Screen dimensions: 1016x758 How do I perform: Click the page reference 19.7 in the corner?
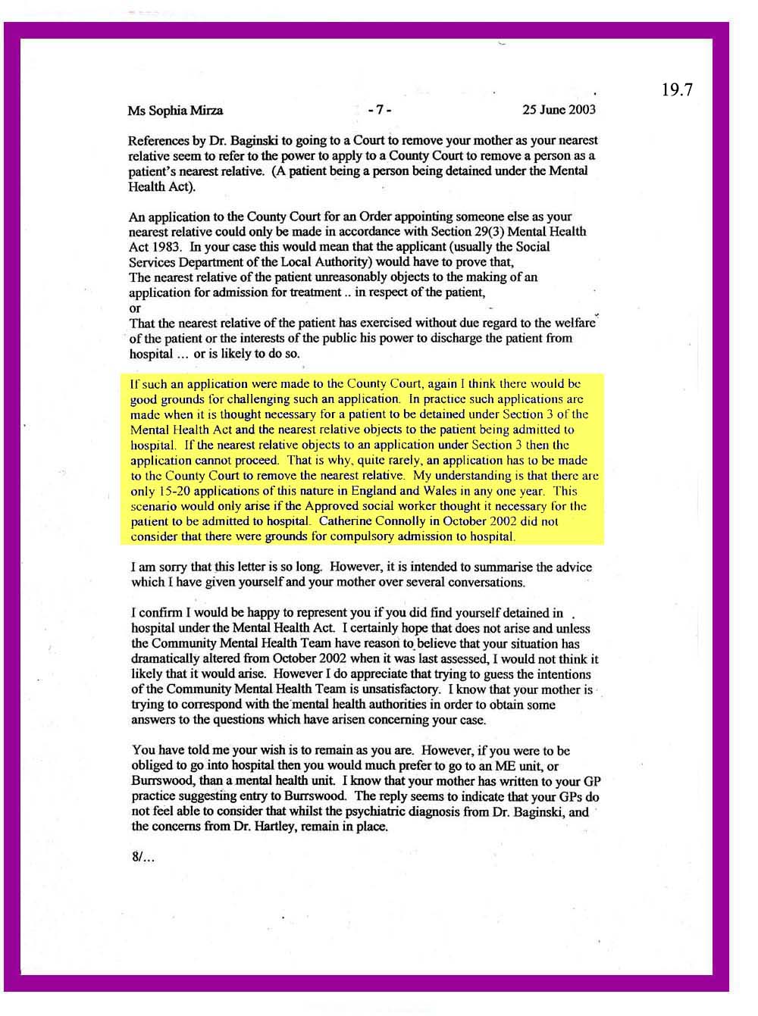[677, 90]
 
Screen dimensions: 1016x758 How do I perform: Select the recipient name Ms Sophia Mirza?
[175, 111]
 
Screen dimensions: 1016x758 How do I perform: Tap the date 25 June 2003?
[559, 109]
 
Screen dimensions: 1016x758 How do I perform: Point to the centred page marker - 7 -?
[379, 110]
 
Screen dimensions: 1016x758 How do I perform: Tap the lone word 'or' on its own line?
[135, 308]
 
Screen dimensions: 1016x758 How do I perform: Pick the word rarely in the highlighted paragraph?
[378, 461]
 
